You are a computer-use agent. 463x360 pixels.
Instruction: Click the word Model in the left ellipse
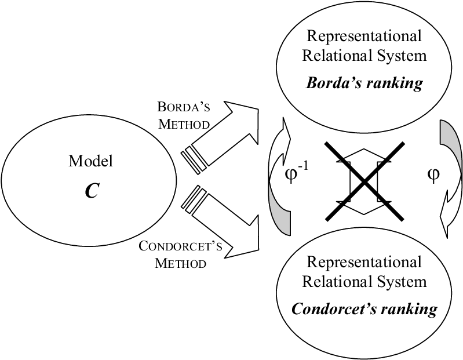click(90, 161)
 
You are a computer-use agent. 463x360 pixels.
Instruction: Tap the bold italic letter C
click(91, 191)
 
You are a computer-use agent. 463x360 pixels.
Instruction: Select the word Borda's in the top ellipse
click(332, 82)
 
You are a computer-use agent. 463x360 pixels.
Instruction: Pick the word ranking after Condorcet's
click(409, 308)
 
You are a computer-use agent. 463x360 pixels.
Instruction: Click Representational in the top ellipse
click(363, 37)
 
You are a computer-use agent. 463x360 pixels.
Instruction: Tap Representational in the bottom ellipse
click(363, 262)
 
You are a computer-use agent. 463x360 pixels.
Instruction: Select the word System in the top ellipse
click(406, 56)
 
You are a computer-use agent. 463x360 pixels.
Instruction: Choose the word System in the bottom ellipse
click(406, 282)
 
